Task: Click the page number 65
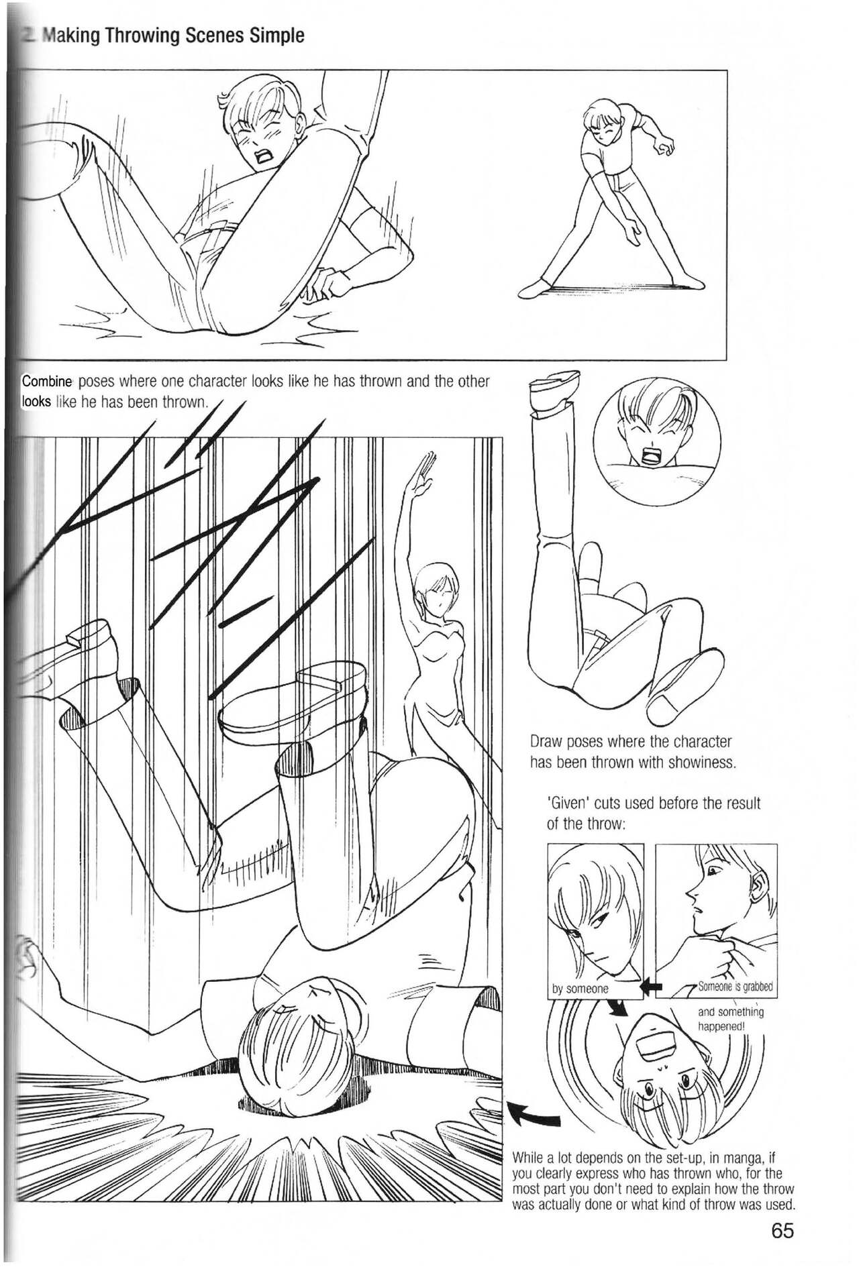click(x=782, y=1231)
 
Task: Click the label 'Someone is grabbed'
click(x=735, y=987)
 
